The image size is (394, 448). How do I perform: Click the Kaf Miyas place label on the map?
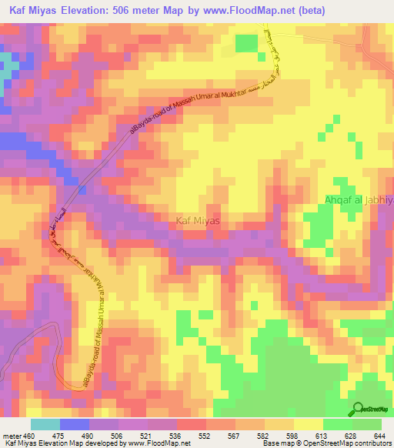pyautogui.click(x=199, y=221)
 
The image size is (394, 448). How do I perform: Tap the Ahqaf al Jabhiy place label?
pyautogui.click(x=358, y=200)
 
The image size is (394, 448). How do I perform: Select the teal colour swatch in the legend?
pyautogui.click(x=45, y=424)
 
